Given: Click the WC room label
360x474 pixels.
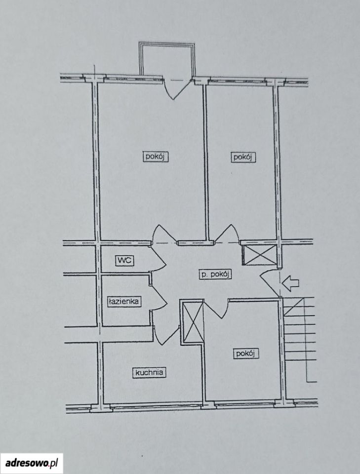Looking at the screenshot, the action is coord(125,260).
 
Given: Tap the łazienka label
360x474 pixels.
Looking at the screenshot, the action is coord(124,301).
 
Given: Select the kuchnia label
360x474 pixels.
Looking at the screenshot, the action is coord(149,372).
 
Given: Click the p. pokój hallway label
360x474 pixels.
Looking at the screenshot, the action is coord(215,274).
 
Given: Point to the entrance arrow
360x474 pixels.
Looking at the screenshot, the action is coord(290,283).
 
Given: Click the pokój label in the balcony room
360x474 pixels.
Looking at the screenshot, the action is coord(156,157).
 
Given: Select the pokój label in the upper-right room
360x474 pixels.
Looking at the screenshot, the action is coord(243,157).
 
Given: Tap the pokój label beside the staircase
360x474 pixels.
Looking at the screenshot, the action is coord(246,354).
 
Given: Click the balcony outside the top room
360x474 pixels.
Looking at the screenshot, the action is coord(166,59).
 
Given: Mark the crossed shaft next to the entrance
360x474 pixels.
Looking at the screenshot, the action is coord(260,255).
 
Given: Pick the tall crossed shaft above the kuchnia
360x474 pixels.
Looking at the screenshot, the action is coord(192,321).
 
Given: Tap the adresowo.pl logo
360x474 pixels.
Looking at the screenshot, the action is coord(32,463).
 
